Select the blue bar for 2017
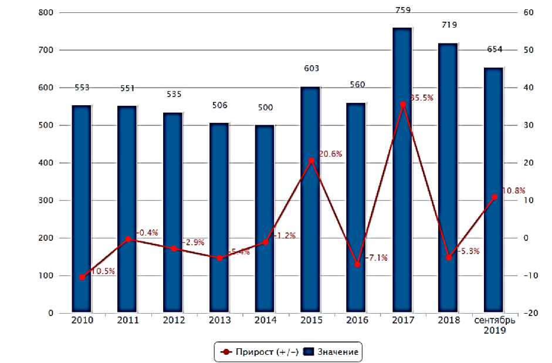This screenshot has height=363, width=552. click(x=402, y=170)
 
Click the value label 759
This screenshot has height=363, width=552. click(x=403, y=10)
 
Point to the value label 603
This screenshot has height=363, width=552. click(x=311, y=69)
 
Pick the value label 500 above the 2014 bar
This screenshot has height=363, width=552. click(x=265, y=107)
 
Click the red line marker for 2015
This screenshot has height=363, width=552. click(x=311, y=160)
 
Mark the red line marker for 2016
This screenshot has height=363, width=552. click(x=357, y=264)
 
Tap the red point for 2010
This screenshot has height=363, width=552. click(x=82, y=277)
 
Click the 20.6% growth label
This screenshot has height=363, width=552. click(x=330, y=154)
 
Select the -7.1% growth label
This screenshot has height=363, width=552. click(x=376, y=258)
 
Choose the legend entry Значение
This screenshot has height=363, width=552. click(x=332, y=352)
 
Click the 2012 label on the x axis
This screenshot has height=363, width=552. click(x=174, y=321)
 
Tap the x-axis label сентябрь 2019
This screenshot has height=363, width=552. click(x=495, y=325)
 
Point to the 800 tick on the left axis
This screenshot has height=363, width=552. click(x=45, y=12)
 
